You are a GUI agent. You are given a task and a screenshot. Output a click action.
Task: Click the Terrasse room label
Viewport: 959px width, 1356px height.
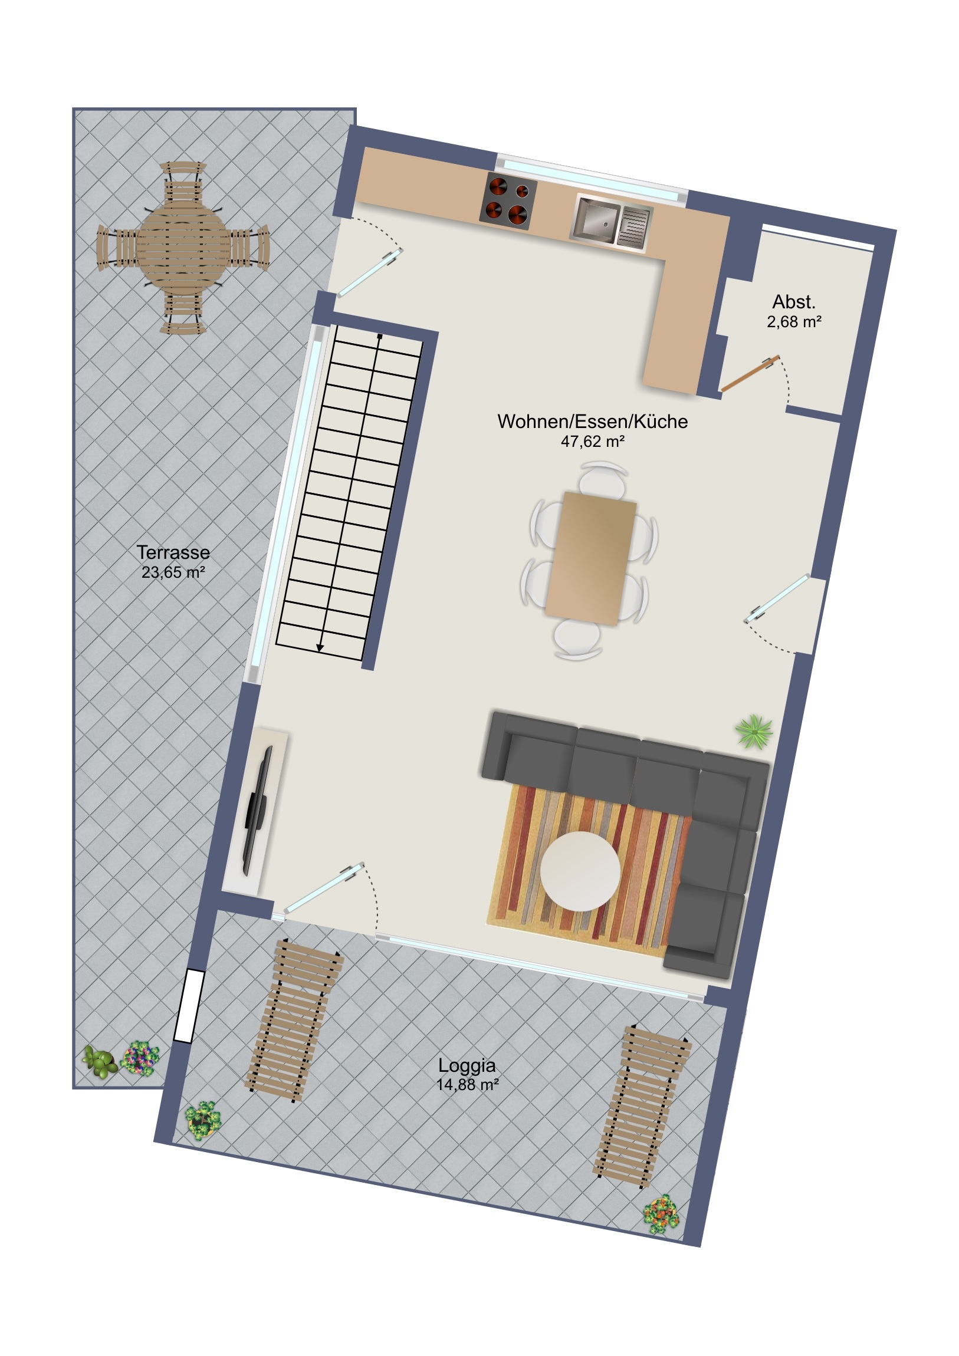pyautogui.click(x=173, y=552)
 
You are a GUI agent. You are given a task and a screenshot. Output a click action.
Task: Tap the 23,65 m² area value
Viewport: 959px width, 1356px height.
pyautogui.click(x=173, y=572)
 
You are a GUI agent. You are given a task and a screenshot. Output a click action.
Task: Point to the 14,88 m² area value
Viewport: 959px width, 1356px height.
pyautogui.click(x=467, y=1084)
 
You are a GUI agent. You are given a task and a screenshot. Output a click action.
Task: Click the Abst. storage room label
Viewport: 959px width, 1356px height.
pyautogui.click(x=793, y=302)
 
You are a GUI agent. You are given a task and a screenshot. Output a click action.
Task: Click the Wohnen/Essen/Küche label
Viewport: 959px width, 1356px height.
pyautogui.click(x=593, y=421)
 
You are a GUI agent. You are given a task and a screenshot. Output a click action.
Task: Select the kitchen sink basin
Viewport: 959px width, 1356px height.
pyautogui.click(x=596, y=219)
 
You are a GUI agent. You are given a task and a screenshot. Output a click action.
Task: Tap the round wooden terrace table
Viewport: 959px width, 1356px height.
pyautogui.click(x=183, y=248)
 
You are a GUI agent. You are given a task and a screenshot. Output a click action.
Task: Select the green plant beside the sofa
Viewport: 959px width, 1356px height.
pyautogui.click(x=754, y=732)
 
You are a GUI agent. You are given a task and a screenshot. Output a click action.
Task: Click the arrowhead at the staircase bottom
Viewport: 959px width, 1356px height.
pyautogui.click(x=320, y=648)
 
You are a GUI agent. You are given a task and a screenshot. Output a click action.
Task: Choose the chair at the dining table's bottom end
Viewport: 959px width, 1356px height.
pyautogui.click(x=578, y=639)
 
